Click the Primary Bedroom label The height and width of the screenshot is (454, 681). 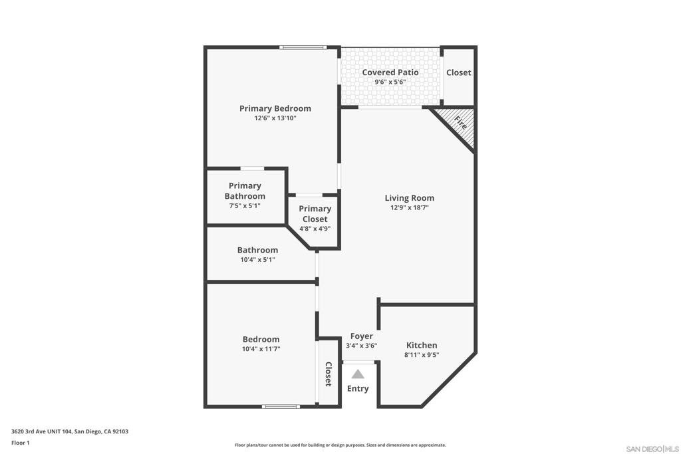(x=275, y=108)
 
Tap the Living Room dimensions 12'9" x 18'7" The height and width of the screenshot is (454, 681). (x=409, y=207)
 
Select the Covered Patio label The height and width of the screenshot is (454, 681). (x=390, y=72)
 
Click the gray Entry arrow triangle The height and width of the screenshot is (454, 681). (x=357, y=374)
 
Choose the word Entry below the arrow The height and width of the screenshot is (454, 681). (x=357, y=388)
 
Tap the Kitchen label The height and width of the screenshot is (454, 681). (x=421, y=345)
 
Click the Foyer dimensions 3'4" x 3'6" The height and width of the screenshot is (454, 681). (x=361, y=346)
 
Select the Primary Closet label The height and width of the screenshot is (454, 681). (x=315, y=214)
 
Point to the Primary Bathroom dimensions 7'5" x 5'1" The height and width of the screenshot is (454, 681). (x=245, y=206)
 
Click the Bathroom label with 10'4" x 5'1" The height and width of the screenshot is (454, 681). (x=257, y=250)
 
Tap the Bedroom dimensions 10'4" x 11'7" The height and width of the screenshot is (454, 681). (x=261, y=349)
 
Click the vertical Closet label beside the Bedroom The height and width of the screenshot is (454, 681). (x=329, y=374)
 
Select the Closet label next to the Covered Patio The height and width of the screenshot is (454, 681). (x=459, y=72)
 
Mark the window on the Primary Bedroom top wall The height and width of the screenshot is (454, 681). (x=303, y=47)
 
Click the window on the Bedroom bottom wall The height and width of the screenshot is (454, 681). (x=281, y=406)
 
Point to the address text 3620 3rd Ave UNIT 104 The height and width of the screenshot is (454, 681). (x=42, y=431)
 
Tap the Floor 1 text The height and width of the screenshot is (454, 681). (x=21, y=443)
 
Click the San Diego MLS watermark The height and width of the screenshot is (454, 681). (x=652, y=449)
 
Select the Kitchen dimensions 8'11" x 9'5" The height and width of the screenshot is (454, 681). (x=421, y=354)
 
